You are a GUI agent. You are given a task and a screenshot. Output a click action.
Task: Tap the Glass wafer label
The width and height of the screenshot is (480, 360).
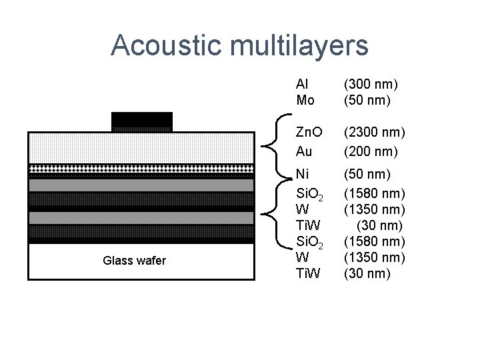[134, 261]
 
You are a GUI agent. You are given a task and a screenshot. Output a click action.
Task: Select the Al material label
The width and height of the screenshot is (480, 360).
[301, 85]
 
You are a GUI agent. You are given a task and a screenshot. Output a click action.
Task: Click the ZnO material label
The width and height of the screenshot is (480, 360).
[308, 133]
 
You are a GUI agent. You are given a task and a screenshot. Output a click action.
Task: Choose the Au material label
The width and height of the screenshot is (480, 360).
[304, 151]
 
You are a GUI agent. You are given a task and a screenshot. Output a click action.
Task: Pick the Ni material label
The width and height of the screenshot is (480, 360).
[302, 175]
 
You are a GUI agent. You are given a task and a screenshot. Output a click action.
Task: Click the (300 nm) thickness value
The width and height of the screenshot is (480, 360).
[371, 85]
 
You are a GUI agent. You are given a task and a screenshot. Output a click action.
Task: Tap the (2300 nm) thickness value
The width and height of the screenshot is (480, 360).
[374, 133]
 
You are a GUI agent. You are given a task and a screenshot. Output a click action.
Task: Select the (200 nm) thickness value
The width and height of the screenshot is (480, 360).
[371, 151]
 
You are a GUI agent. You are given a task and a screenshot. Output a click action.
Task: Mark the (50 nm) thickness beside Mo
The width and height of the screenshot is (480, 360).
[367, 101]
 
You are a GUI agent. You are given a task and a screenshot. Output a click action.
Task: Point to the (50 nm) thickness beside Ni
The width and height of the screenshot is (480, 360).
[367, 175]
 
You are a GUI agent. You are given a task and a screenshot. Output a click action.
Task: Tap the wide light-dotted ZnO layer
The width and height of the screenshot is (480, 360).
[141, 147]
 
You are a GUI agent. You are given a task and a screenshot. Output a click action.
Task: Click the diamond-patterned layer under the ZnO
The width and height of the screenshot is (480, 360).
[141, 169]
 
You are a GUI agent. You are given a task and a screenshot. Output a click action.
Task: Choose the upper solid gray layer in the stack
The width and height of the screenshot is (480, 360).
[141, 185]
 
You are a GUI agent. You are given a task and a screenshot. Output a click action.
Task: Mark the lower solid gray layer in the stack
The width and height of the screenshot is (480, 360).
[141, 218]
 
